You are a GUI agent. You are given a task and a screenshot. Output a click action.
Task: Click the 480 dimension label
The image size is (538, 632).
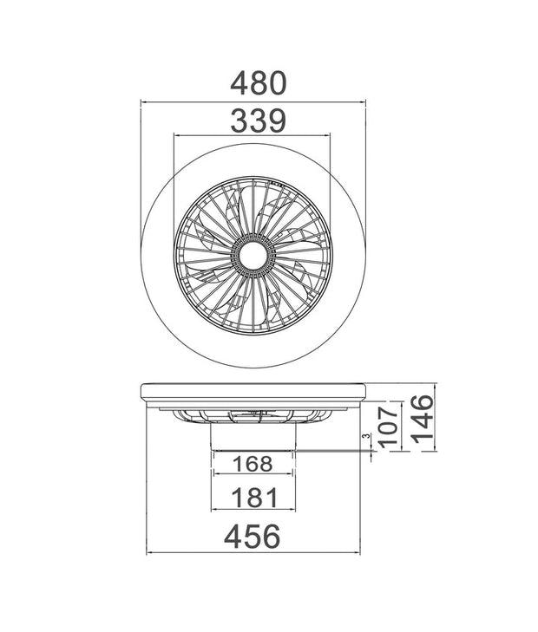click(258, 83)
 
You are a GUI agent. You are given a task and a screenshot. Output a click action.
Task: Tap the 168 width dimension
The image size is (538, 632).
click(253, 464)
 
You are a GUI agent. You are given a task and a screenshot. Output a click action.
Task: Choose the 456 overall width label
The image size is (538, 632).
click(253, 536)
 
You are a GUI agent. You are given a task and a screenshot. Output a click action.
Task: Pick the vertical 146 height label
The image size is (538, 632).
click(421, 419)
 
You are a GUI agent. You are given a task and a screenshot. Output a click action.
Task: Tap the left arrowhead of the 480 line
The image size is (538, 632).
click(143, 102)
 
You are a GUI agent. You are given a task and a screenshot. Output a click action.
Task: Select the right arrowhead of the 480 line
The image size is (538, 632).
click(364, 102)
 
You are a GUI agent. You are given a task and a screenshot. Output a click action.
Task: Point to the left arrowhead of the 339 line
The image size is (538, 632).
click(177, 135)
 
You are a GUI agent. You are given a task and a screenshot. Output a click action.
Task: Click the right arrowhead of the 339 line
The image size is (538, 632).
click(328, 135)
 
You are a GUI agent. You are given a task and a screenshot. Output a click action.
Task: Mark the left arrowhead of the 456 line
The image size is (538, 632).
click(149, 552)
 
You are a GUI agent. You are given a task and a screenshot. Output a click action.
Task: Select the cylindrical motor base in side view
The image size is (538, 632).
click(253, 439)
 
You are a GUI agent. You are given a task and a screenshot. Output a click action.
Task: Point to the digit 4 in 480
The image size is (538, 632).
click(239, 83)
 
